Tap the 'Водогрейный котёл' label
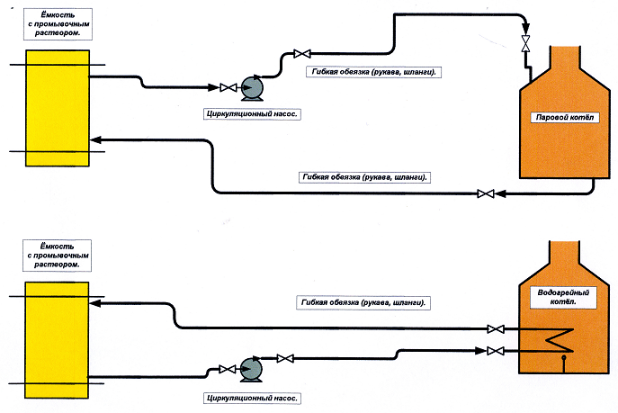(556, 297)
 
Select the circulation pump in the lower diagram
(249, 367)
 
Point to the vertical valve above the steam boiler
(526, 42)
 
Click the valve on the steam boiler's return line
(486, 193)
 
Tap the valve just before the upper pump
(227, 87)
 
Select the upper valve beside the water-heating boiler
(493, 329)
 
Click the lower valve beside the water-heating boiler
(493, 350)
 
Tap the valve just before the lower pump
(225, 368)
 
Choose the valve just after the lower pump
(284, 359)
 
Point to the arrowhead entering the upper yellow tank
(95, 139)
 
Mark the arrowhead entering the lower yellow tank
(96, 305)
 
